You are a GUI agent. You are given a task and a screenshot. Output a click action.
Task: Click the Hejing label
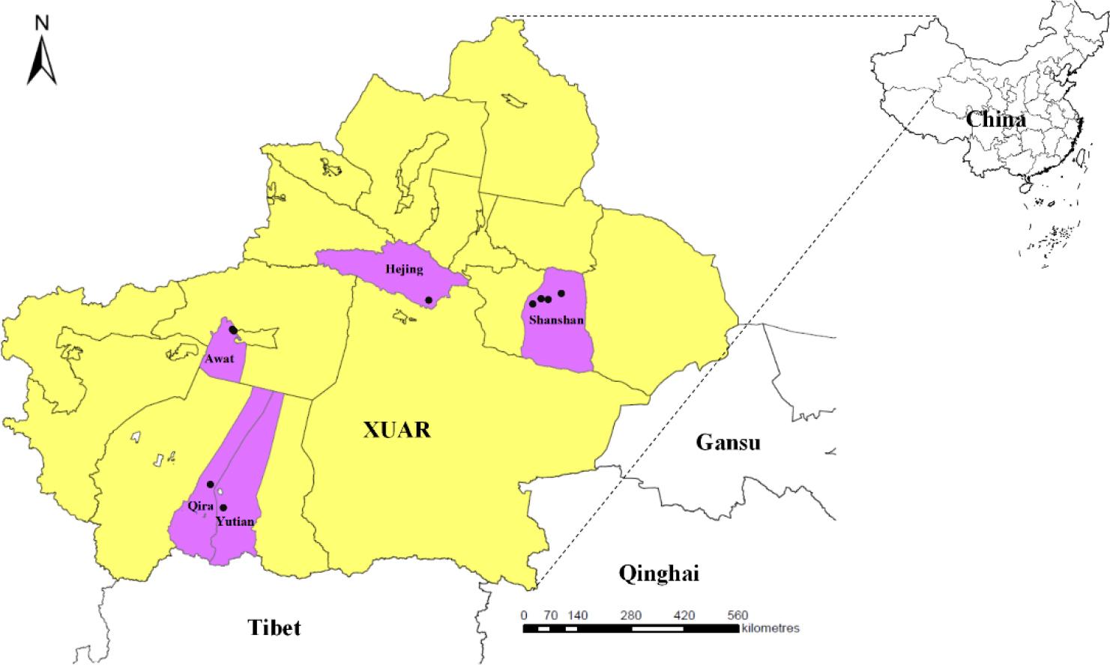point(405,270)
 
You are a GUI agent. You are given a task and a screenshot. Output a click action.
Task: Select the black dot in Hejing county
point(429,300)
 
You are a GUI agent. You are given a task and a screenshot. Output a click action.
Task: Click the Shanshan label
point(555,320)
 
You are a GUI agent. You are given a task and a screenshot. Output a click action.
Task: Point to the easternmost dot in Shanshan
point(561,293)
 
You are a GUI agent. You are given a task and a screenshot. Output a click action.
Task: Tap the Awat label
point(219,359)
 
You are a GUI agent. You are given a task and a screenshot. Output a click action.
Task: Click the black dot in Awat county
point(233,330)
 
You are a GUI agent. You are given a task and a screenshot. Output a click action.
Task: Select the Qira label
point(201,505)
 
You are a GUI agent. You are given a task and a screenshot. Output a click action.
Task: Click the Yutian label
point(234,521)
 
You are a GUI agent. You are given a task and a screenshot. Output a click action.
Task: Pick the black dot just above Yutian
point(223,508)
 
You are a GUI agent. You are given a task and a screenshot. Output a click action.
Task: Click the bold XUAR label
point(397,430)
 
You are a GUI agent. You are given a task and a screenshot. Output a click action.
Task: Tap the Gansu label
point(728,443)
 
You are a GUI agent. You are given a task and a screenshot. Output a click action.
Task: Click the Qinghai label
point(659,574)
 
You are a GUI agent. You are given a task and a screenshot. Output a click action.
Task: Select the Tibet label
point(274,627)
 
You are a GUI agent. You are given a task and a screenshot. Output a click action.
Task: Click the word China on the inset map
point(995,120)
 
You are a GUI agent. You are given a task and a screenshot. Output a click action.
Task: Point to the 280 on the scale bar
point(630,616)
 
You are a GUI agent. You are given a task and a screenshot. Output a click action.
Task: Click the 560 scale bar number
point(737,616)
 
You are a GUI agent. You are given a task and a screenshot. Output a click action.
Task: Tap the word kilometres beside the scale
point(770,628)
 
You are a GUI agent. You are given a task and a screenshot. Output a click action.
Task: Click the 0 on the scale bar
point(524,616)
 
